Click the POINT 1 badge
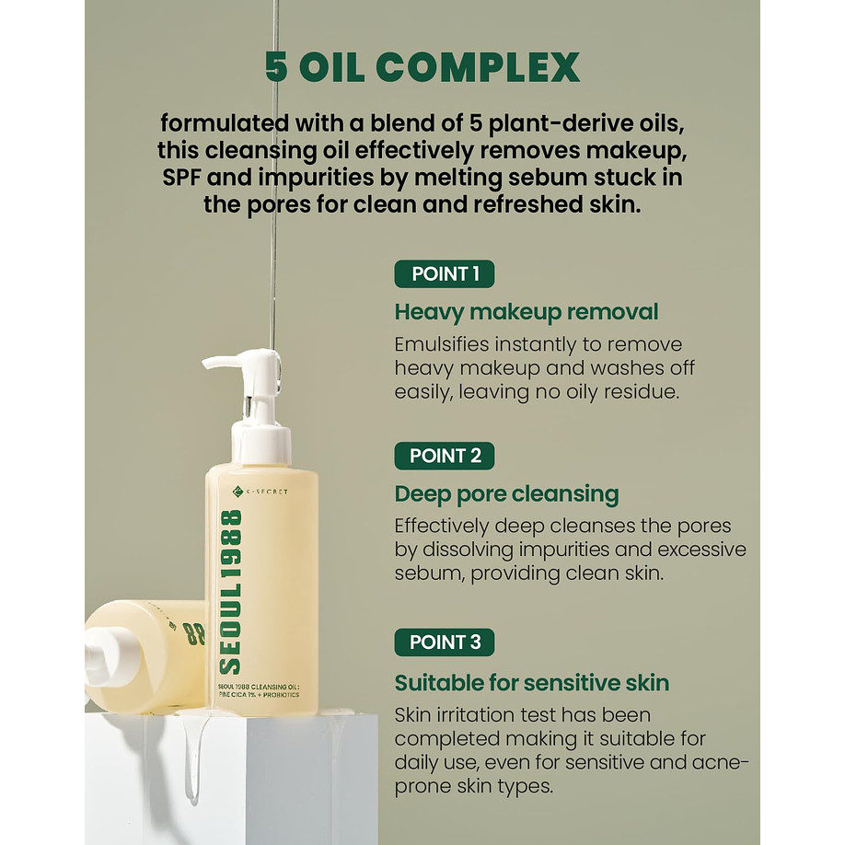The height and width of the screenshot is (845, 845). tap(444, 273)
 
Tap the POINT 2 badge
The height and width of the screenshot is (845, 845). tap(444, 456)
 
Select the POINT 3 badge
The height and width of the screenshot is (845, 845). tap(444, 642)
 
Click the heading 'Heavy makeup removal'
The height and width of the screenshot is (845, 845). tap(526, 312)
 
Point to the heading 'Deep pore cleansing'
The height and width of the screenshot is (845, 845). tap(506, 494)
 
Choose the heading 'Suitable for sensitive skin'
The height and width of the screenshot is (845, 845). tap(532, 683)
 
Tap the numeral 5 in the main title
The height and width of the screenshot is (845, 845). tap(276, 67)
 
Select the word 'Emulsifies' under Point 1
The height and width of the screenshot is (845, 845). tap(441, 344)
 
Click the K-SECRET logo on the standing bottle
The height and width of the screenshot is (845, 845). tap(260, 491)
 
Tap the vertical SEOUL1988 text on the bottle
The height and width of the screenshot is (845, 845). tap(231, 592)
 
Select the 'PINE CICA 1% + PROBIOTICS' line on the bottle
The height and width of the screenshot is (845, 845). tap(259, 695)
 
